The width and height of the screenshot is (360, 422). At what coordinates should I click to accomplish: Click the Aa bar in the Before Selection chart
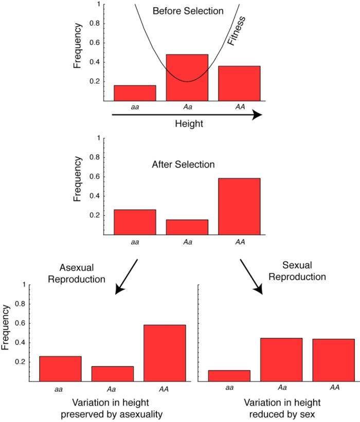click(x=187, y=77)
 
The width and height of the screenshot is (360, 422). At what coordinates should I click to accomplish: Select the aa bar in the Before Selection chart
click(x=135, y=93)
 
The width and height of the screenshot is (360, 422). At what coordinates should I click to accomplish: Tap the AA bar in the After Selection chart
click(x=239, y=206)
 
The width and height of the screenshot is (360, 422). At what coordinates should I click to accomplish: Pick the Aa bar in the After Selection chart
click(x=187, y=227)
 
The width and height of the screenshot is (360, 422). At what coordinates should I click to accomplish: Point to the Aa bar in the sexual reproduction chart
click(x=281, y=359)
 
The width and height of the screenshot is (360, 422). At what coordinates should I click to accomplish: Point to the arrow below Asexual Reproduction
click(x=127, y=276)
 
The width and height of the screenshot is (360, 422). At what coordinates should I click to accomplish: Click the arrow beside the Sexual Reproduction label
click(x=251, y=276)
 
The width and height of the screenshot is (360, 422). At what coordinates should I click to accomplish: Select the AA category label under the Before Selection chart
click(x=239, y=107)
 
